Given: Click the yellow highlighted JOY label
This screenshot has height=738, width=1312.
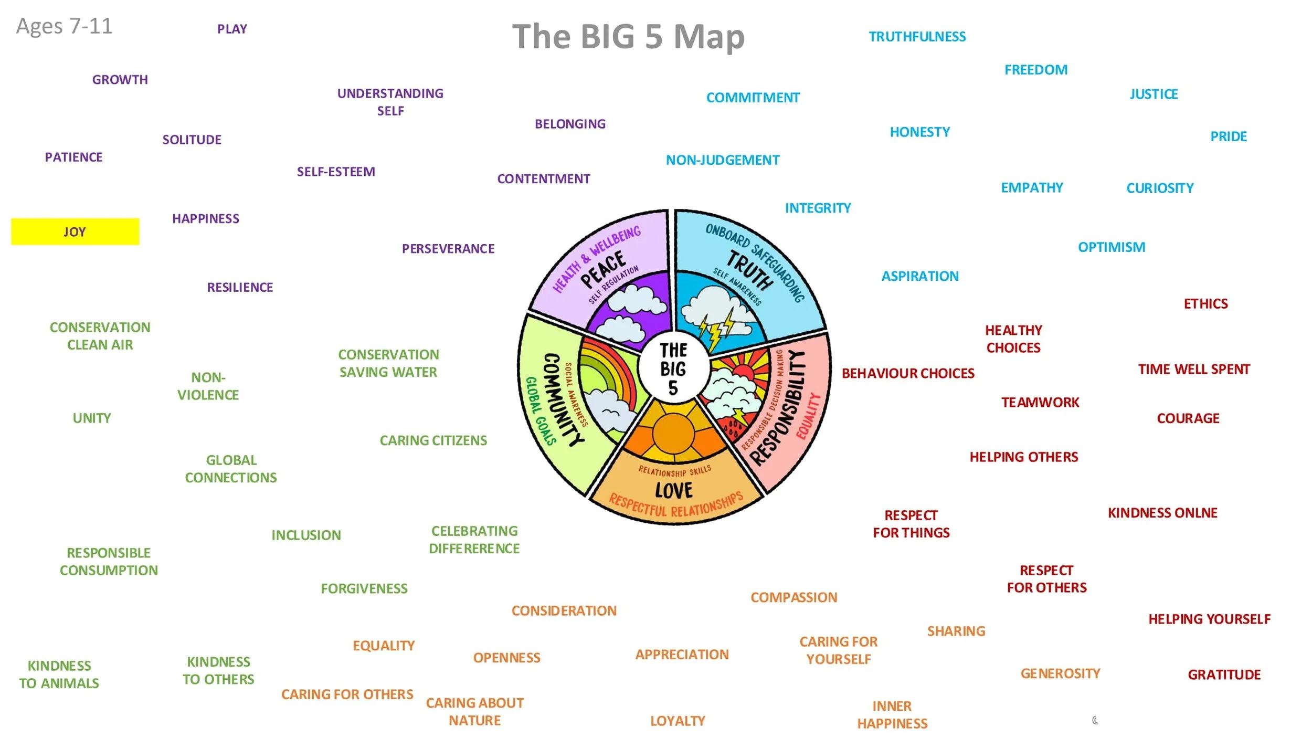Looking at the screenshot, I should tap(75, 231).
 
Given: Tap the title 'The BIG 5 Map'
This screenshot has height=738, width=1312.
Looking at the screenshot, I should tap(628, 37).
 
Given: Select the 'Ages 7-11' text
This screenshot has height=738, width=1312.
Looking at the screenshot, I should tap(64, 26).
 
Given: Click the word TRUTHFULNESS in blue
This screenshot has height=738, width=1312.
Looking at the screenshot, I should tap(917, 37).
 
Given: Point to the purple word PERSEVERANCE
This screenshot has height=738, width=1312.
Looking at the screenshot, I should tap(448, 249).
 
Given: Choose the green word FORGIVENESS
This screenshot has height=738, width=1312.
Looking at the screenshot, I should tap(364, 588).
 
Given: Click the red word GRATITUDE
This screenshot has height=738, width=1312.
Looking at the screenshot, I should tap(1224, 674).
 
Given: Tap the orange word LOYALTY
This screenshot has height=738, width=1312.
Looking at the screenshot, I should tap(678, 721).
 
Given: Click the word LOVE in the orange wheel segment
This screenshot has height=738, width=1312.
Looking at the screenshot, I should tap(674, 490).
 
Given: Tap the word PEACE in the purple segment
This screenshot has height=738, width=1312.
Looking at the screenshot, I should tap(604, 269).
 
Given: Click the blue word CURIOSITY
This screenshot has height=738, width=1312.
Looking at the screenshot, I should tap(1160, 188).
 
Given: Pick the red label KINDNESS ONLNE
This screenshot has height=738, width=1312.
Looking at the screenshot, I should tap(1162, 513).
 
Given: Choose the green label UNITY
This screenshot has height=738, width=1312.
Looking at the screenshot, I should tap(92, 418).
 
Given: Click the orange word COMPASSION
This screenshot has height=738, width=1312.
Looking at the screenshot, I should tap(793, 597).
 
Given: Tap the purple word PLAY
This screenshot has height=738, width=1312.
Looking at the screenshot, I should tap(232, 29).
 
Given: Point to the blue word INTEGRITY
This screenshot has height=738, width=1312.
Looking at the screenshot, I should tap(818, 208).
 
